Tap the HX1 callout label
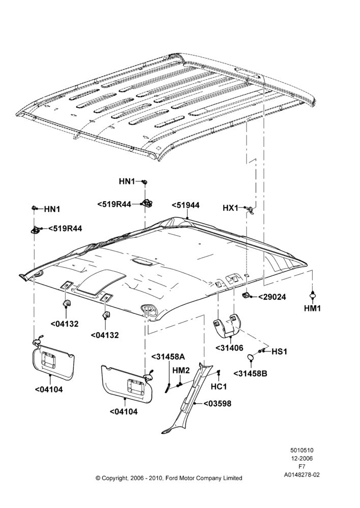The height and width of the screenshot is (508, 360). point(231,208)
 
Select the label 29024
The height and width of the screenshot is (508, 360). point(272,297)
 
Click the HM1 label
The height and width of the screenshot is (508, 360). point(312,308)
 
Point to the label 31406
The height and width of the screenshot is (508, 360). point(229,348)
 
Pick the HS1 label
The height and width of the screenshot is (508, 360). point(279,352)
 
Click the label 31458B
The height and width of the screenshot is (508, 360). point(250,373)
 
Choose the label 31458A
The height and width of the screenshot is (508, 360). point(168,357)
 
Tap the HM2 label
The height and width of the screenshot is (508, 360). point(181,370)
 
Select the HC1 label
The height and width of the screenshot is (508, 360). point(219,387)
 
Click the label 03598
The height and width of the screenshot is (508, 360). point(218,404)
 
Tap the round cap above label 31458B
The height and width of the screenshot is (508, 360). point(251,357)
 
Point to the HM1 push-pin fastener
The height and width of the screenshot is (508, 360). point(312,294)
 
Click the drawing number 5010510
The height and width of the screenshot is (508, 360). point(302,450)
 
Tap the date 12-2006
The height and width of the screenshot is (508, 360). point(302,458)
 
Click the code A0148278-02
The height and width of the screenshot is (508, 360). point(302,475)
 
